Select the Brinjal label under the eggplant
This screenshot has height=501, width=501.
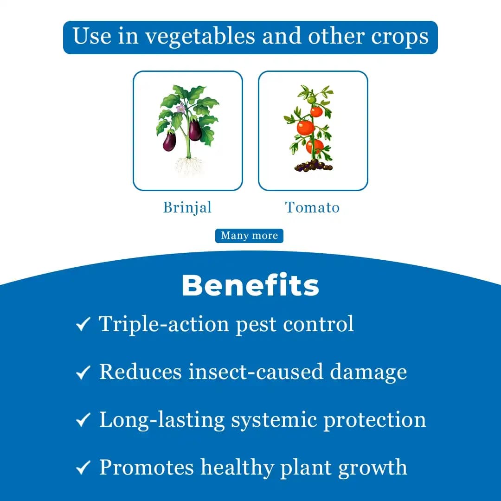point(187,207)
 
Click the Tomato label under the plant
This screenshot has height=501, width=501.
point(312,207)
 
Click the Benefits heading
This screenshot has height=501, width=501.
point(250,285)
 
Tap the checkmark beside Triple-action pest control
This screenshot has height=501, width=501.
point(83,325)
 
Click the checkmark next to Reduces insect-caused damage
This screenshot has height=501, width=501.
point(83,373)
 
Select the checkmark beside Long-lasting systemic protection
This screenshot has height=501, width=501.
point(83,420)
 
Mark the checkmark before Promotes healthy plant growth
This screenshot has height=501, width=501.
point(83,468)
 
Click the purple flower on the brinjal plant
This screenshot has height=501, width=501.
point(180,109)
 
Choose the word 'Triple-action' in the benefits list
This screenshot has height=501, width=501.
point(164,324)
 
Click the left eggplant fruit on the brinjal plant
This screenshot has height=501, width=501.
point(169,141)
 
